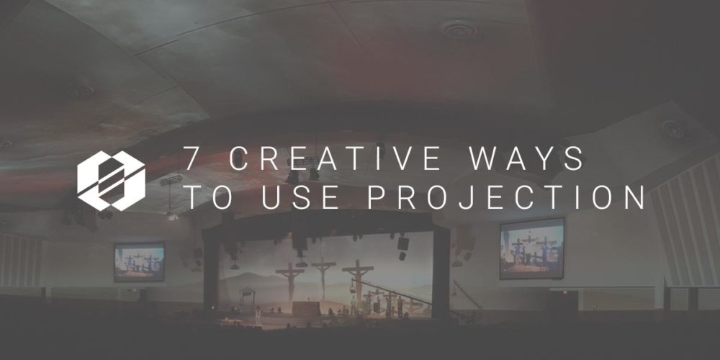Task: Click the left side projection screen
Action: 139,261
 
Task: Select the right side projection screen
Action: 531,248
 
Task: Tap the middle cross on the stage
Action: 323,277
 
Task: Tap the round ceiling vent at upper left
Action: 79,91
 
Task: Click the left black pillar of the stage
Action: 211,277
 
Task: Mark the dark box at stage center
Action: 305,307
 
